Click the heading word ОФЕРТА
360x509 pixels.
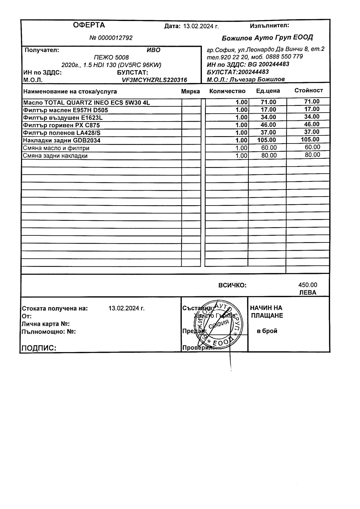coord(89,25)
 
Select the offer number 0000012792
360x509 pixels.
coord(115,38)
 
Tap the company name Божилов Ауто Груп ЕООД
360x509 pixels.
coord(267,38)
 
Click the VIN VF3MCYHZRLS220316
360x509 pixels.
coord(154,80)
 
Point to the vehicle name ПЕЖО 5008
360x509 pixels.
coord(111,58)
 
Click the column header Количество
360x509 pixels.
coord(227,91)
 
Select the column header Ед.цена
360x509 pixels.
coord(268,91)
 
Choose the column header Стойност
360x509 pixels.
coord(308,90)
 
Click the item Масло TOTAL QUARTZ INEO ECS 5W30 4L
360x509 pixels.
coord(86,102)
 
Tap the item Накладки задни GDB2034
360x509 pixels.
coord(62,140)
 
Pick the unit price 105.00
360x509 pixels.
coord(267,140)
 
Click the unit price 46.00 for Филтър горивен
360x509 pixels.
coord(268,125)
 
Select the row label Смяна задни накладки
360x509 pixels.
coord(55,156)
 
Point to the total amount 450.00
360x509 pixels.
coord(308,285)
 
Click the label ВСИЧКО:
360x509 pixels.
coord(232,285)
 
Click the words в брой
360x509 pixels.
coord(267,331)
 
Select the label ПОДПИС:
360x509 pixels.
coord(38,348)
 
